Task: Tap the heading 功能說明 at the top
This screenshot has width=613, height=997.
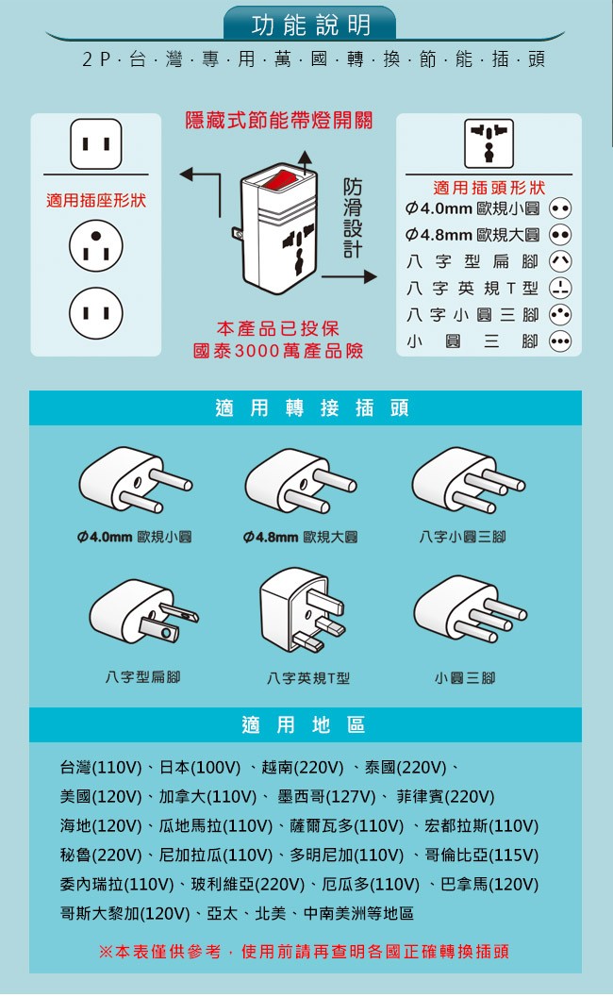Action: click(x=311, y=25)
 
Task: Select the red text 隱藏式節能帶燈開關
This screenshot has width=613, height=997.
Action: click(x=278, y=120)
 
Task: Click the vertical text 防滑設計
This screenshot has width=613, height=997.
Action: click(x=353, y=218)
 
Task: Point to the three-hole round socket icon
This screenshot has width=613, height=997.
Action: click(x=96, y=245)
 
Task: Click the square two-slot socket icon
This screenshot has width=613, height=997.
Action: click(x=96, y=143)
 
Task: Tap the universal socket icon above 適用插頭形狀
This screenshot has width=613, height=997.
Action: click(x=489, y=143)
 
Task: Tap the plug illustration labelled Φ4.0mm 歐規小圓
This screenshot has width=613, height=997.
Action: click(x=135, y=480)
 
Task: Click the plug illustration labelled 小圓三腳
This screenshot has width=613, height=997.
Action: click(x=470, y=609)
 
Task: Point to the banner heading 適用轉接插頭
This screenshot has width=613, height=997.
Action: click(x=311, y=407)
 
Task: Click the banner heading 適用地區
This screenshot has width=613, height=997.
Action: click(x=304, y=724)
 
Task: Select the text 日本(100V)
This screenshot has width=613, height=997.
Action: click(x=200, y=768)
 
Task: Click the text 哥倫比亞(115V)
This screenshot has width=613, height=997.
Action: click(x=481, y=856)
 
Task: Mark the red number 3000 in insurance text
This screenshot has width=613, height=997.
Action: click(x=257, y=351)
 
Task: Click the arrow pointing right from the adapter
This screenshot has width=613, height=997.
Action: click(x=349, y=276)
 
